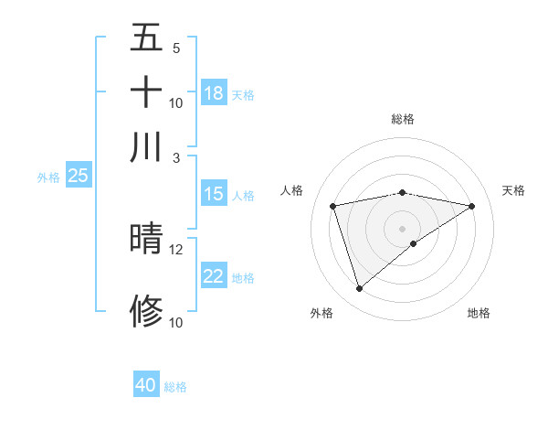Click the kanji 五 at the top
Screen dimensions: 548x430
point(146,38)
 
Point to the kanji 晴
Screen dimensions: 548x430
point(146,238)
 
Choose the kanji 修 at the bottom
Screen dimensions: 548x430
point(146,311)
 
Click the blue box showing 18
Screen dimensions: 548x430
point(214,93)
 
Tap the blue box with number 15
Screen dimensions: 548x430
point(214,194)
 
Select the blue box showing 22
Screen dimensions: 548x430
point(214,276)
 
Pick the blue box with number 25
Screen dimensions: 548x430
point(78,177)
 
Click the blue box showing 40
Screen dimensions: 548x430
point(146,385)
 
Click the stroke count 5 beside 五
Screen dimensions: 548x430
point(175,48)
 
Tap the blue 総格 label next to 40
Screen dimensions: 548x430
point(175,387)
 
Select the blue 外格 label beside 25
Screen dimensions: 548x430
point(47,177)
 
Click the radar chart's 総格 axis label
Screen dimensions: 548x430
point(403,119)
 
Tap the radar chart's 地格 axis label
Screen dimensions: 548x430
point(479,313)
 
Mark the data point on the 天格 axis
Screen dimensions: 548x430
point(472,206)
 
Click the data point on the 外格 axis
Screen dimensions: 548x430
point(359,289)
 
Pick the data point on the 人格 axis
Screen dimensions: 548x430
point(332,205)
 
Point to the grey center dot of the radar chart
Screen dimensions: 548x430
point(403,228)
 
